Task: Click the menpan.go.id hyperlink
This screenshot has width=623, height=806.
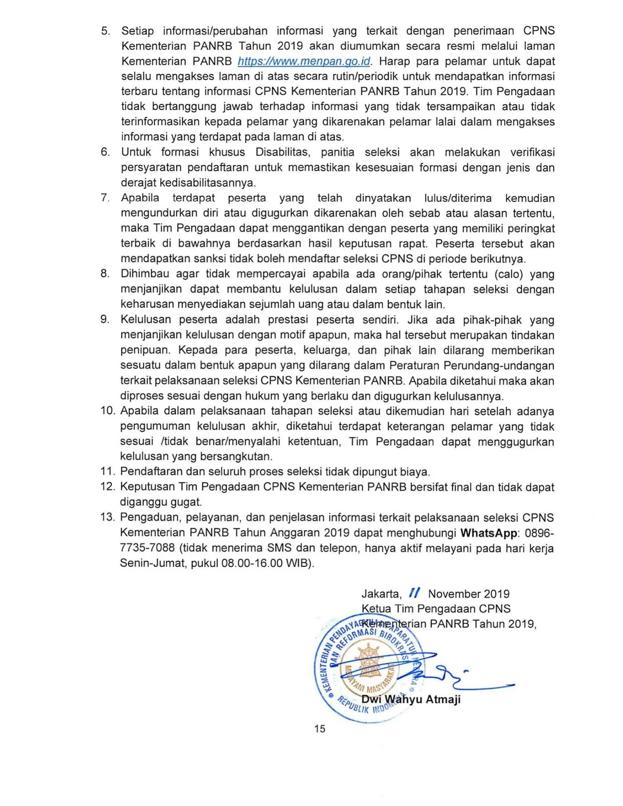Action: (x=304, y=61)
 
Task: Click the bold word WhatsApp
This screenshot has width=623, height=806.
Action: (x=489, y=533)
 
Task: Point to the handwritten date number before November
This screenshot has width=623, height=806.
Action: (x=414, y=593)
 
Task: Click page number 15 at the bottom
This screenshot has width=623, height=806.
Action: (x=320, y=729)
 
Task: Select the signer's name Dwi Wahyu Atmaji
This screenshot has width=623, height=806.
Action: (x=411, y=699)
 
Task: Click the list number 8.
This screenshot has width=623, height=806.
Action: (x=105, y=274)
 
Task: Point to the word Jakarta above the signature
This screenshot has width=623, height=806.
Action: (x=381, y=594)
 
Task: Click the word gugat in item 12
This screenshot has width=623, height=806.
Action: (x=186, y=502)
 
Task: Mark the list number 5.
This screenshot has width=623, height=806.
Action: (x=105, y=31)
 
